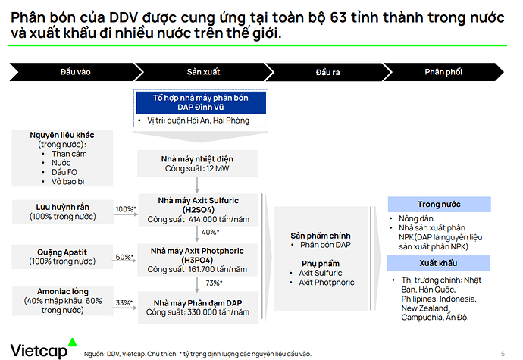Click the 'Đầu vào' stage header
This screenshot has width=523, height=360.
[x=76, y=72]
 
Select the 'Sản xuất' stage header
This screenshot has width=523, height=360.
[x=203, y=72]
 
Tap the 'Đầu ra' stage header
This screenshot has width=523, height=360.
[x=328, y=72]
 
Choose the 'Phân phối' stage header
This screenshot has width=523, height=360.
[x=443, y=72]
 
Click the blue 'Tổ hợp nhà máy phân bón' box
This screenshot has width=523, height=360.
[x=200, y=102]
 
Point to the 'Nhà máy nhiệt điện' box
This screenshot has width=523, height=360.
[x=197, y=164]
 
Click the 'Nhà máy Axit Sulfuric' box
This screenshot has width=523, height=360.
[x=198, y=210]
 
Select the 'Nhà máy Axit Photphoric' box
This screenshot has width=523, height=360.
[x=198, y=260]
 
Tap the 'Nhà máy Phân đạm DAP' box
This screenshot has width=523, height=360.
[x=198, y=307]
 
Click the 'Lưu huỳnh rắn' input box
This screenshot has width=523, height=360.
[x=63, y=212]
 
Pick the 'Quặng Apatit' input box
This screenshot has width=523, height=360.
[x=62, y=257]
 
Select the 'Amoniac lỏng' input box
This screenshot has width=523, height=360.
[x=63, y=301]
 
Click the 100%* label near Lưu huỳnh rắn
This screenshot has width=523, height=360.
[x=126, y=209]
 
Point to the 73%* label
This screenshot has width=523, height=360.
[x=214, y=283]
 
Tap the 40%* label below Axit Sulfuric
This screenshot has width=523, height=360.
[x=210, y=232]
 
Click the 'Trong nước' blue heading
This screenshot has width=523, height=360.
[x=440, y=204]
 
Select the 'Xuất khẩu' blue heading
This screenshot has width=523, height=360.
[x=438, y=263]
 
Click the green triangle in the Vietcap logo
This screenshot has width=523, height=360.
[x=72, y=342]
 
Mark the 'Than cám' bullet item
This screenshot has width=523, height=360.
[x=69, y=154]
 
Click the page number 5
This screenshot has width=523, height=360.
[x=503, y=354]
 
